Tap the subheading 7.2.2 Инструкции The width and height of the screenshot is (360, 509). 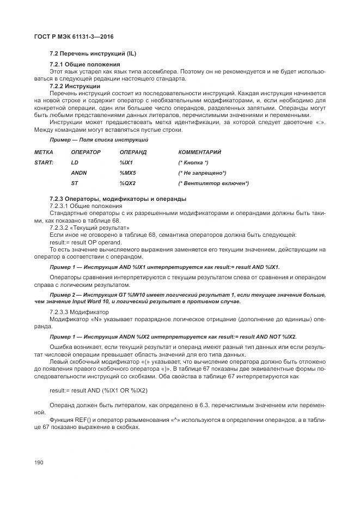75,86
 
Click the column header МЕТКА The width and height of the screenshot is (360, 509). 44,152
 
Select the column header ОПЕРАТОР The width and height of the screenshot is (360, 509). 86,152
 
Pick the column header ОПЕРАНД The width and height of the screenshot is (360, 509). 133,152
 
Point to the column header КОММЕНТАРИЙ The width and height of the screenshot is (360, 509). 200,152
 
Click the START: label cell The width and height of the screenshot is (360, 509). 44,163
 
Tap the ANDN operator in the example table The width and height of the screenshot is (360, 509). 79,173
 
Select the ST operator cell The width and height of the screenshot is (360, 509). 75,183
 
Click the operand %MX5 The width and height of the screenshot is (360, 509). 127,173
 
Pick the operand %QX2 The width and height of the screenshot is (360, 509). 127,183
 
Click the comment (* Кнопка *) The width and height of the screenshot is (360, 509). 193,163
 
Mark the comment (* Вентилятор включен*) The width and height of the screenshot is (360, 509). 213,183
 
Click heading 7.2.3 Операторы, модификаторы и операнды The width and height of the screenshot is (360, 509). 118,198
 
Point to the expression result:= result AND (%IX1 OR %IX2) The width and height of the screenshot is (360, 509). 98,390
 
